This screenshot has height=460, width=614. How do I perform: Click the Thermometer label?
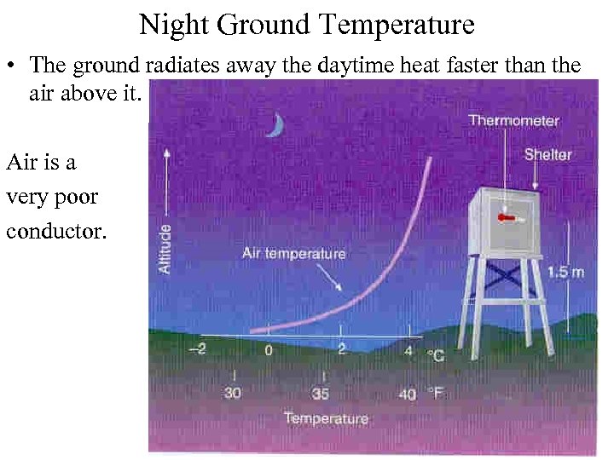(513, 121)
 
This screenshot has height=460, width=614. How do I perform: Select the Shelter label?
(547, 155)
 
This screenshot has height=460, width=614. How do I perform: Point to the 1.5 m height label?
(565, 272)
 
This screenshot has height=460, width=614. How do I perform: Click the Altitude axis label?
(165, 248)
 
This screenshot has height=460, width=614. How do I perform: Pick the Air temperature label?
(293, 253)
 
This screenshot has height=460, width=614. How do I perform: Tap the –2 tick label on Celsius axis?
(196, 349)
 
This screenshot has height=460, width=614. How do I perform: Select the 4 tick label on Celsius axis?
(408, 349)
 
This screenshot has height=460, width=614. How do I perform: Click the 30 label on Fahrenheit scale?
(233, 394)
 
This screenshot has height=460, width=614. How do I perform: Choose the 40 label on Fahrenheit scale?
(407, 394)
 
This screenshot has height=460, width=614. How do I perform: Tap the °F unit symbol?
(435, 394)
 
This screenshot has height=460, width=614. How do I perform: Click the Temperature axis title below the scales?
(326, 418)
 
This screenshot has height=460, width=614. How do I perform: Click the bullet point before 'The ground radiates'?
(14, 65)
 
